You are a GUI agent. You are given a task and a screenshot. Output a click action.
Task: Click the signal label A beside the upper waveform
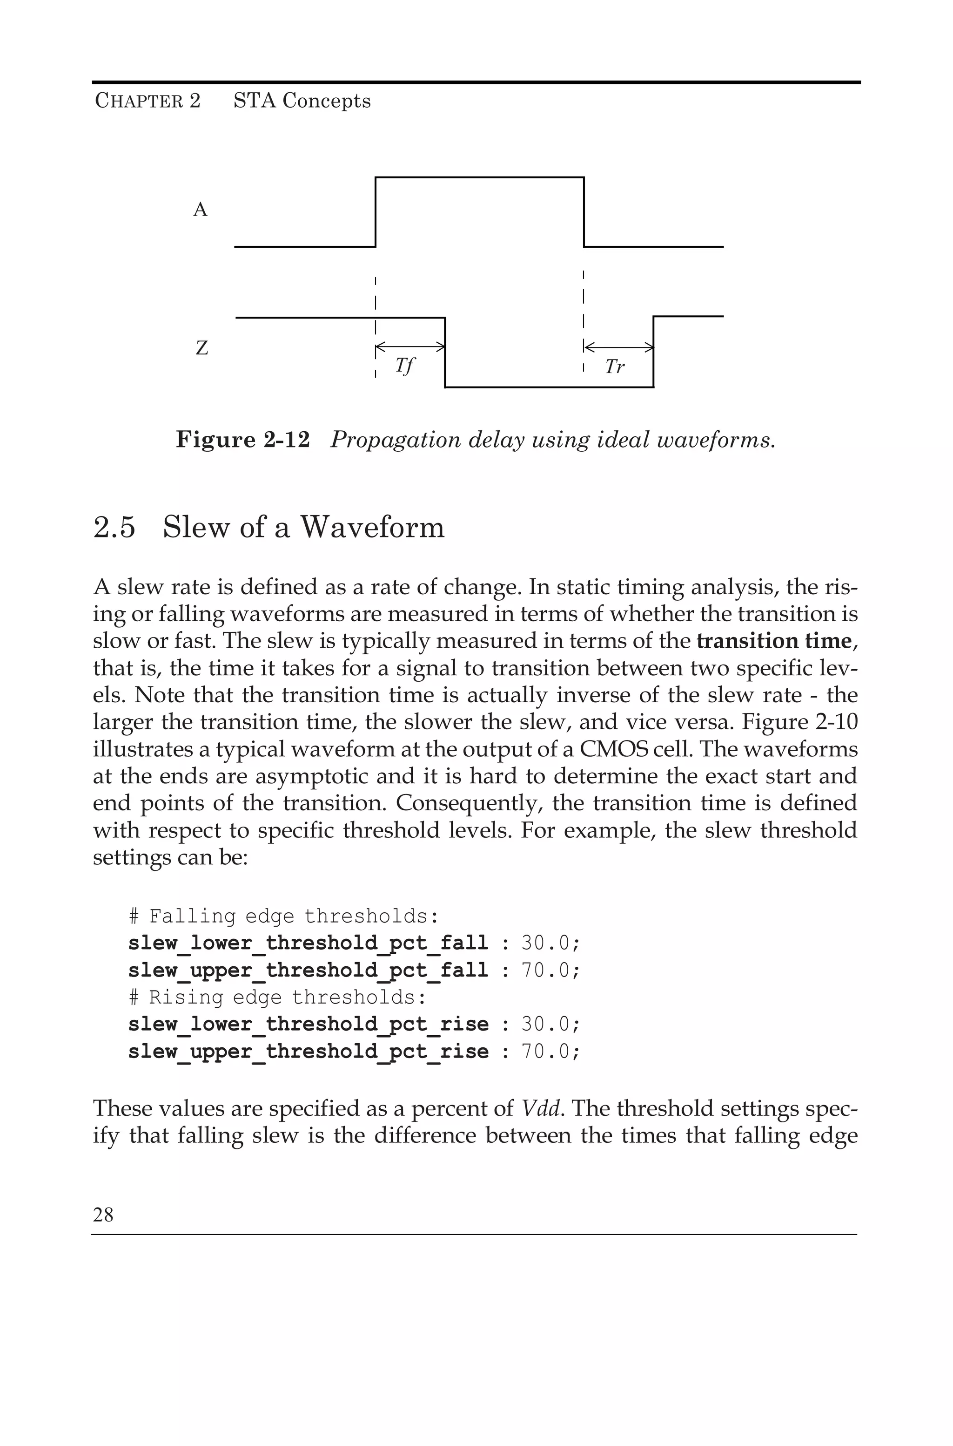[x=200, y=210]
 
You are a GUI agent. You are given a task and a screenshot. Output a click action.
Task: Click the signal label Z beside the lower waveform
[x=202, y=348]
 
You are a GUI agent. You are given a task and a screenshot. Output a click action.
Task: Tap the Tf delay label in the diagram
[x=404, y=366]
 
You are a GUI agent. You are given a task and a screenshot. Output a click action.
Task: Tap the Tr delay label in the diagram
[x=614, y=367]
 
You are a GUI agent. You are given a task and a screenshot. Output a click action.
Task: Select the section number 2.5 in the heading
[x=114, y=527]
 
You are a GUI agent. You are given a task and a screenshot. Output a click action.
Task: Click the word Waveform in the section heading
[x=373, y=527]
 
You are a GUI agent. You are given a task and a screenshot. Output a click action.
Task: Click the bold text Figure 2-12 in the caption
[x=242, y=440]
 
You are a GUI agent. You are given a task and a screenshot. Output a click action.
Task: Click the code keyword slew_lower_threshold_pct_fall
[x=308, y=944]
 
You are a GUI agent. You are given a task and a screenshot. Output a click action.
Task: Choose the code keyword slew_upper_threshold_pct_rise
[x=308, y=1052]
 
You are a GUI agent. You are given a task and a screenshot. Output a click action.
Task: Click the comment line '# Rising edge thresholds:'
[x=277, y=997]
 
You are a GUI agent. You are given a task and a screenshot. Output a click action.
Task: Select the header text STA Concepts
[x=302, y=101]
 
